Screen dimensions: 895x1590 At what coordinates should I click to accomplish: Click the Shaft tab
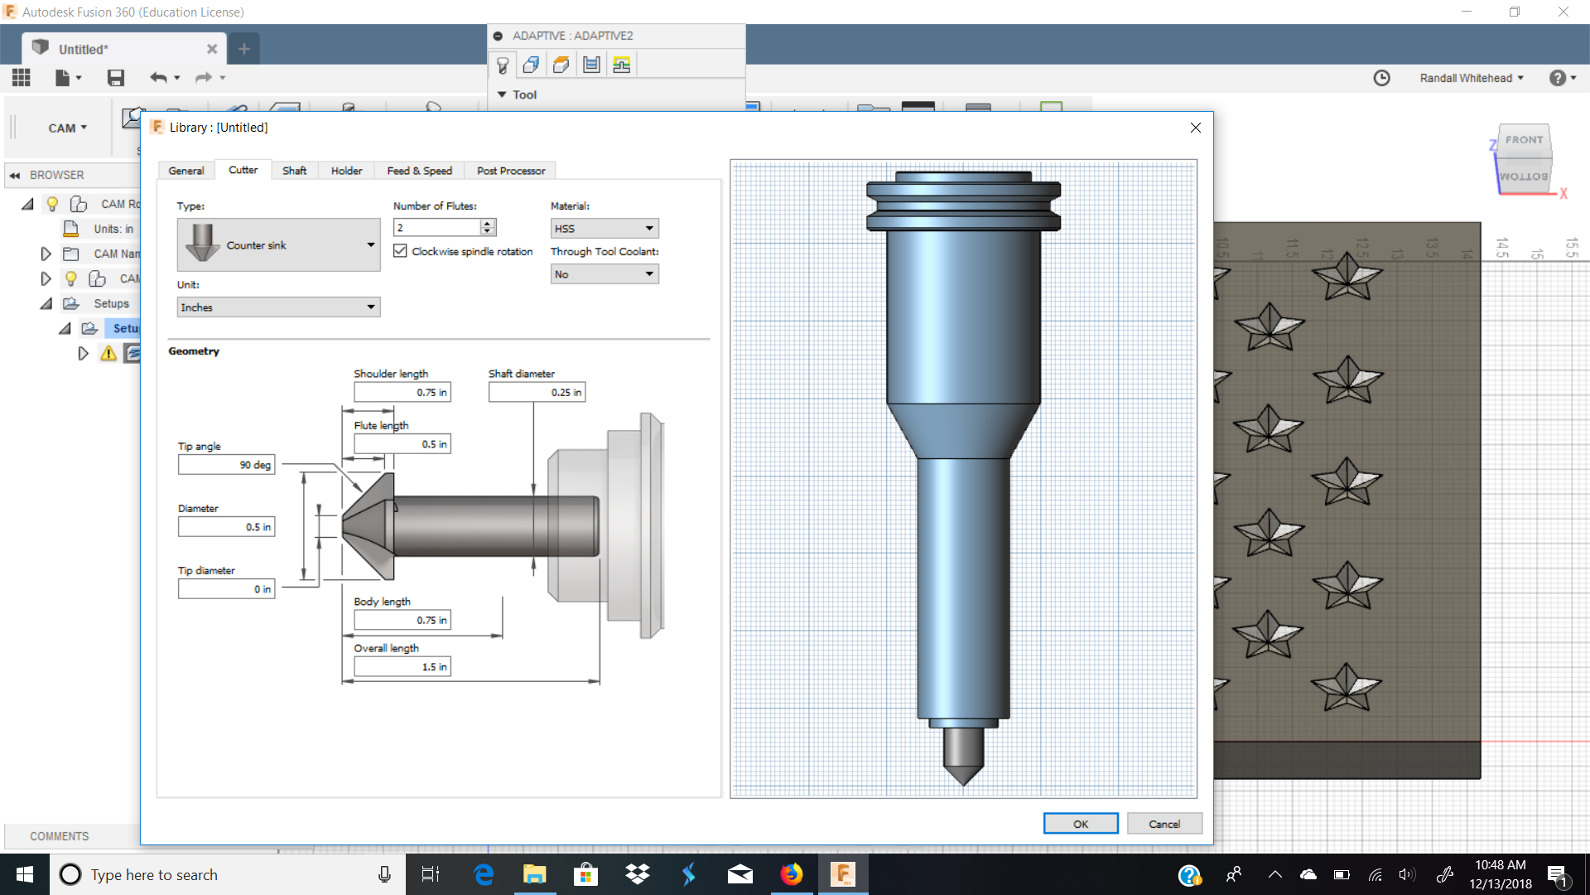(x=294, y=171)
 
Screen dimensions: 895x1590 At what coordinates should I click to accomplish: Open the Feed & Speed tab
(x=419, y=171)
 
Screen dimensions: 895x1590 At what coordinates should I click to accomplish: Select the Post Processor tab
(x=510, y=171)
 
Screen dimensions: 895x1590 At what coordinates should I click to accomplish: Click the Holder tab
(x=346, y=171)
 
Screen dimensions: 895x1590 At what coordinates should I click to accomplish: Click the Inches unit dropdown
(x=278, y=307)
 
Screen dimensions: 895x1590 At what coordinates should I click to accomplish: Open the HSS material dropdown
(x=605, y=229)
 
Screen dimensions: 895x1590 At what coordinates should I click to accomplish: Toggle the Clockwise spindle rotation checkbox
(x=401, y=251)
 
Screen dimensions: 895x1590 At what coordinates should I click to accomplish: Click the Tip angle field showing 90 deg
(x=226, y=465)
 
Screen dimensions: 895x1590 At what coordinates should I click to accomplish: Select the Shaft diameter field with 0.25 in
(x=536, y=393)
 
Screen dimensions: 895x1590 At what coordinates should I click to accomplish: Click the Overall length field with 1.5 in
(x=402, y=667)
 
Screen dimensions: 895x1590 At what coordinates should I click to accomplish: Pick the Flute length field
(x=402, y=445)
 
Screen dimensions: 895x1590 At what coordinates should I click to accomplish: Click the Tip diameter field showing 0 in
(x=226, y=589)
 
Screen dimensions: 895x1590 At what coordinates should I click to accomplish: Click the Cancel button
(x=1164, y=824)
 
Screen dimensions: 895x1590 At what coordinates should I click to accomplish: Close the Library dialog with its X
(x=1195, y=128)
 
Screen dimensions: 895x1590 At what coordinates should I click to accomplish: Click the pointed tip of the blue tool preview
(x=963, y=779)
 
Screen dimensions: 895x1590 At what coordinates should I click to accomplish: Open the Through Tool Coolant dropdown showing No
(x=605, y=274)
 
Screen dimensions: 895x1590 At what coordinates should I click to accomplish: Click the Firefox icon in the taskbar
(x=792, y=874)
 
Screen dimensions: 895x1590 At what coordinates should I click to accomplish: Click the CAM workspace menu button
(x=67, y=128)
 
